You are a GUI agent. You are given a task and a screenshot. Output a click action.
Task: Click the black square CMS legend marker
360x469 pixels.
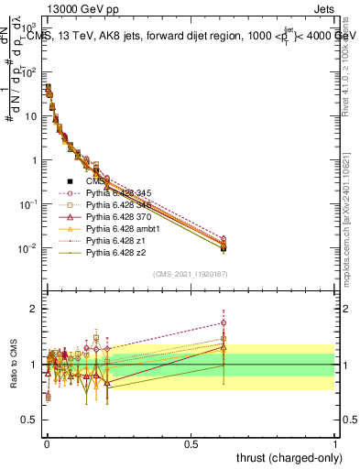(x=71, y=181)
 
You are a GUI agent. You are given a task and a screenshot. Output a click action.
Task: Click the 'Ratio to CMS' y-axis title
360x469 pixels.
(x=15, y=365)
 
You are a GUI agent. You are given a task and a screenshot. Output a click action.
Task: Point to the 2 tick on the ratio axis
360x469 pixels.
(x=33, y=309)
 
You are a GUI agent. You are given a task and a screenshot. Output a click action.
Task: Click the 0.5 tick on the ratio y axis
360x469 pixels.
(x=30, y=420)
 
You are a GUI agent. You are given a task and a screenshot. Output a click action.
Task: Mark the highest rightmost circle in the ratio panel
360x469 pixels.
(x=223, y=322)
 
